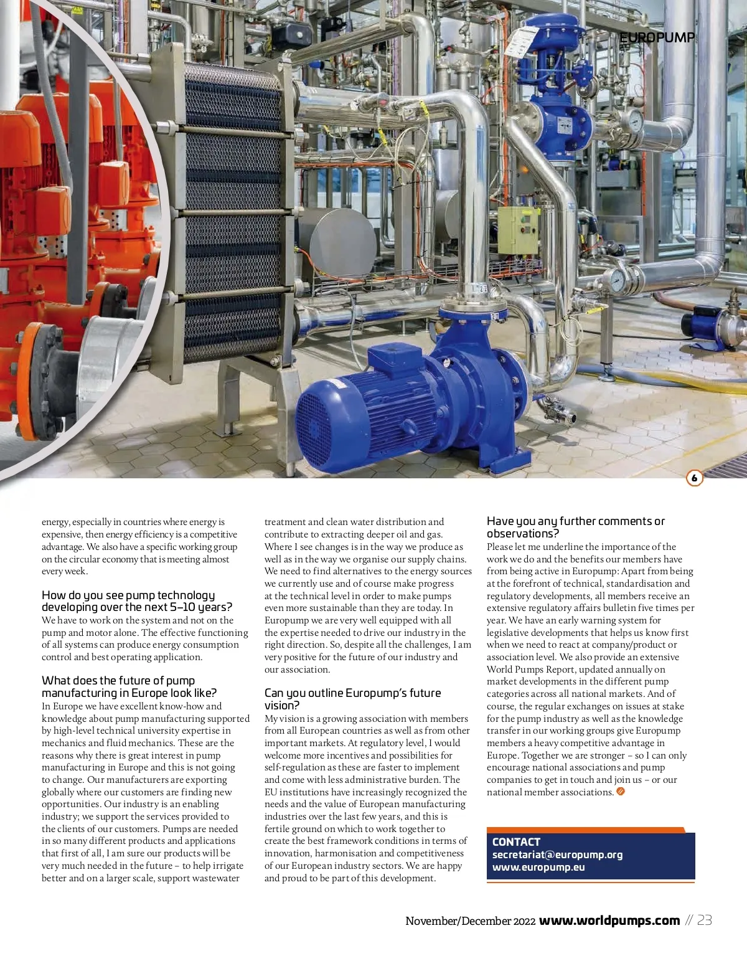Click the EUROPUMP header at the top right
(x=657, y=38)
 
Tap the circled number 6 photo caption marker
(x=694, y=478)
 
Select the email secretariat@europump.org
(x=557, y=854)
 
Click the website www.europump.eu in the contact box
(x=538, y=867)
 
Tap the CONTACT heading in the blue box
(x=516, y=841)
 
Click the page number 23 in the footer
(x=705, y=921)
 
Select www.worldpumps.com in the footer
(x=609, y=921)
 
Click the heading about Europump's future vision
(x=352, y=699)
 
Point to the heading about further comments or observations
(x=575, y=527)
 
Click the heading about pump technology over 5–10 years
(x=136, y=601)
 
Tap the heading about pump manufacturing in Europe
(x=129, y=686)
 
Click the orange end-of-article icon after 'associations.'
(x=620, y=792)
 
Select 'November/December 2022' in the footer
(x=470, y=921)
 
